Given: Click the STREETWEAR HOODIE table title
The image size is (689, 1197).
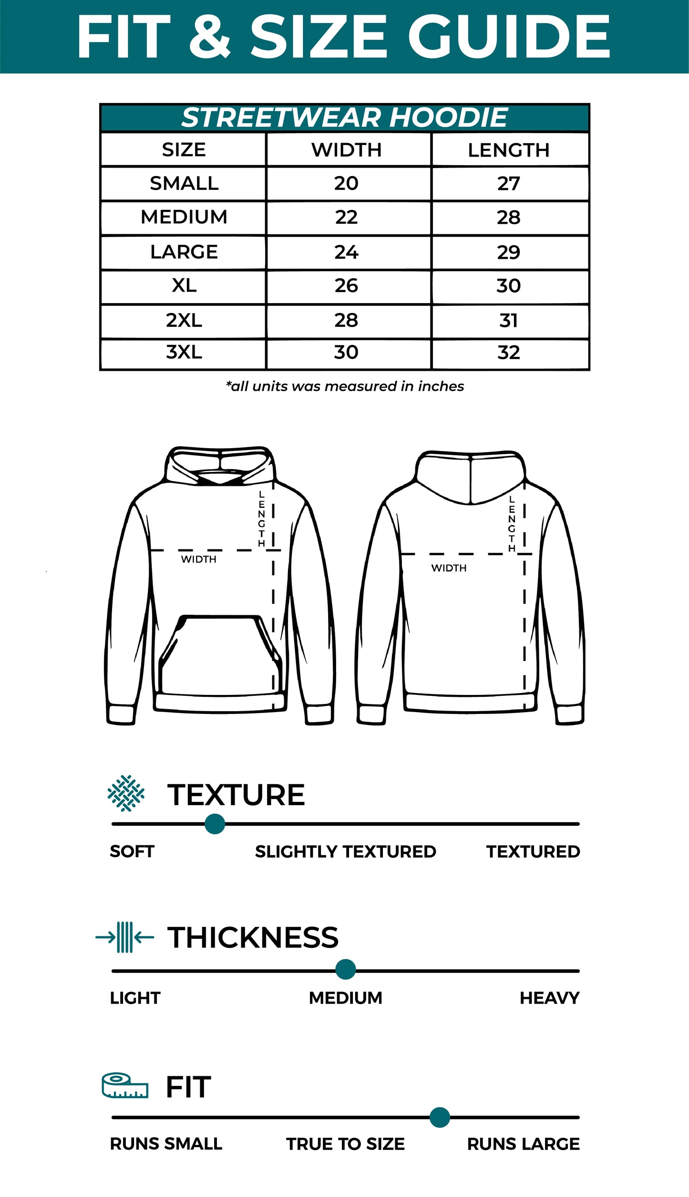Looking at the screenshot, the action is (344, 117).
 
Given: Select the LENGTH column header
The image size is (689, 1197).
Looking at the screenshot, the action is (508, 150).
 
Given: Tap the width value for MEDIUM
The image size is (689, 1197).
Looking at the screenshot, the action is (346, 217).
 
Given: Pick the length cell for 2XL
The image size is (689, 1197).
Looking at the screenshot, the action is (508, 320).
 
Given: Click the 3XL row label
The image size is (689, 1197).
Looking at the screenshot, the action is (184, 352).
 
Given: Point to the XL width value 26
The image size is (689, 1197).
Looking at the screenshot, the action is (346, 285).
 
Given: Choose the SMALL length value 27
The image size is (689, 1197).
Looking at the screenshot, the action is (508, 183).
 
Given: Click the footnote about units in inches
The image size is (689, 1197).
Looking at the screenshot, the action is (344, 386).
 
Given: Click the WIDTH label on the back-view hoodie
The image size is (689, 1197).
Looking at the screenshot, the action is (449, 568).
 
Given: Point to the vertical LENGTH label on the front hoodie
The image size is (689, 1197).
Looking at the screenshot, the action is (261, 519).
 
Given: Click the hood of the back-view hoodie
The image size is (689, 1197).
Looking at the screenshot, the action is (471, 477).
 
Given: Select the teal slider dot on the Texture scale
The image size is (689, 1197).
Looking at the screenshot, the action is (215, 824).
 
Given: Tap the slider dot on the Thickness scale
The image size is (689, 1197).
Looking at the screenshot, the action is (345, 969).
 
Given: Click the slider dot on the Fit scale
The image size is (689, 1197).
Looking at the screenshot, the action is (440, 1117).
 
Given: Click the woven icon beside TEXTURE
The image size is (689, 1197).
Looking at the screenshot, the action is (126, 793).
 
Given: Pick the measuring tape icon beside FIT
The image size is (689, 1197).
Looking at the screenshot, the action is (125, 1086).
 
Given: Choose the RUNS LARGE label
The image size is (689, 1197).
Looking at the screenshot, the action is (523, 1144).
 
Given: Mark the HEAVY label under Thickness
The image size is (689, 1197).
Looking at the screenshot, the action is (549, 998).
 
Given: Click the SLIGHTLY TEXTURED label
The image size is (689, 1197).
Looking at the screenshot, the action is (345, 851).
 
